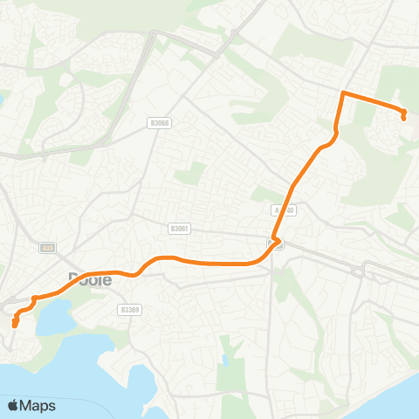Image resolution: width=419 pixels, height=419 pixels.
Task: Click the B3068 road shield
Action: click(x=160, y=123)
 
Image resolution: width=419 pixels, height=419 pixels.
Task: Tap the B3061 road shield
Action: click(x=179, y=228)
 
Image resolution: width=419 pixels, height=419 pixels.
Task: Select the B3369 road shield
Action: click(x=130, y=309)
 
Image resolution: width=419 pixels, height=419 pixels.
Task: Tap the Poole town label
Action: click(x=90, y=280)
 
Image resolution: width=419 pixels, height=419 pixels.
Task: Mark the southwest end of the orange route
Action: click(x=15, y=326)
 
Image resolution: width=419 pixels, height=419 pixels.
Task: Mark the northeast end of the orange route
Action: click(x=404, y=117)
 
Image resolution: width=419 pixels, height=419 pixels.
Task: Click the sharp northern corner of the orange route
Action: click(x=343, y=93)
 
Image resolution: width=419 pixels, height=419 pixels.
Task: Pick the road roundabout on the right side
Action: click(x=358, y=271)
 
